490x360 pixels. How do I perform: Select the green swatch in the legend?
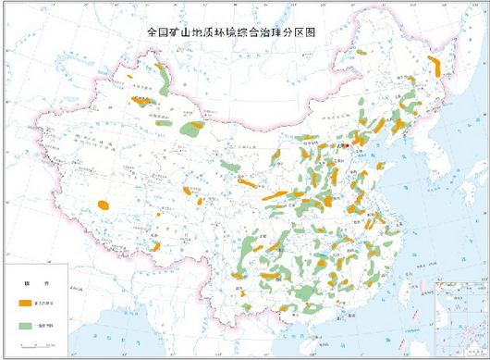(x=29, y=325)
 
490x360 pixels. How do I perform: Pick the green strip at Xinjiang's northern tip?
(x=163, y=74)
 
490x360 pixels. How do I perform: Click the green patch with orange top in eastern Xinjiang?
(x=193, y=129)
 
